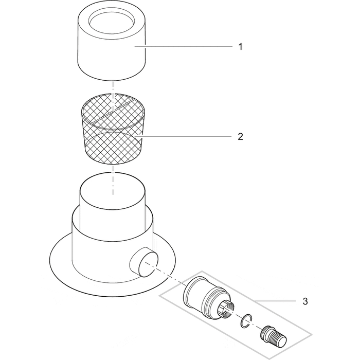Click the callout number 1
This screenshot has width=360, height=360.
click(x=240, y=47)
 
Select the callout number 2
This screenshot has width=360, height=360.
click(x=240, y=137)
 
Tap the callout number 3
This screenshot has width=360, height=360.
click(x=305, y=301)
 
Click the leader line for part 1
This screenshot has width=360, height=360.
click(x=184, y=47)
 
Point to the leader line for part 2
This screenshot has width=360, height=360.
click(x=184, y=137)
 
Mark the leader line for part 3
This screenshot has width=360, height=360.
click(x=275, y=301)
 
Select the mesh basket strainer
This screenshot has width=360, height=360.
click(x=113, y=129)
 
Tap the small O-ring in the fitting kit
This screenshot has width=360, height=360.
click(x=246, y=321)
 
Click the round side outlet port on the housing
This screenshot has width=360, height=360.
click(x=144, y=262)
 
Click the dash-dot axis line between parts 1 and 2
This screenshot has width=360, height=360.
click(x=113, y=96)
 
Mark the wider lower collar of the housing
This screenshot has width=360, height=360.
click(x=113, y=248)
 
